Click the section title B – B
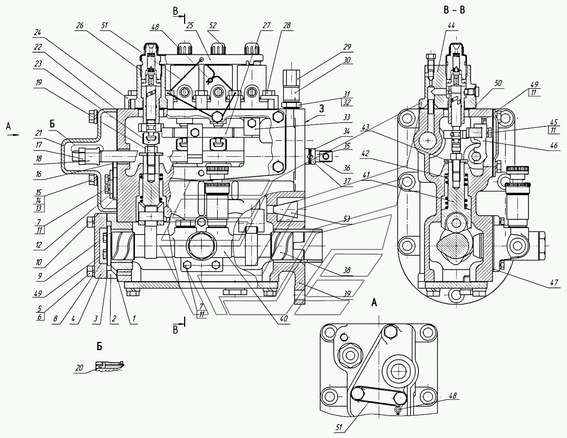(454, 10)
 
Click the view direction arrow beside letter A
(13, 135)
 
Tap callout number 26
(80, 26)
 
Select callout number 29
(347, 47)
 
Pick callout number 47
(554, 283)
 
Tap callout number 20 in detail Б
(79, 368)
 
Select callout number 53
(347, 219)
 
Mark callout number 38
(347, 270)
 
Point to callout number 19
(39, 83)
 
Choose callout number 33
(347, 118)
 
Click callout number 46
(553, 145)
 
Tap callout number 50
(498, 83)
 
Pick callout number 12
(39, 245)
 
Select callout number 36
(347, 168)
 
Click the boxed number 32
(347, 102)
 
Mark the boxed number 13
(39, 208)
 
